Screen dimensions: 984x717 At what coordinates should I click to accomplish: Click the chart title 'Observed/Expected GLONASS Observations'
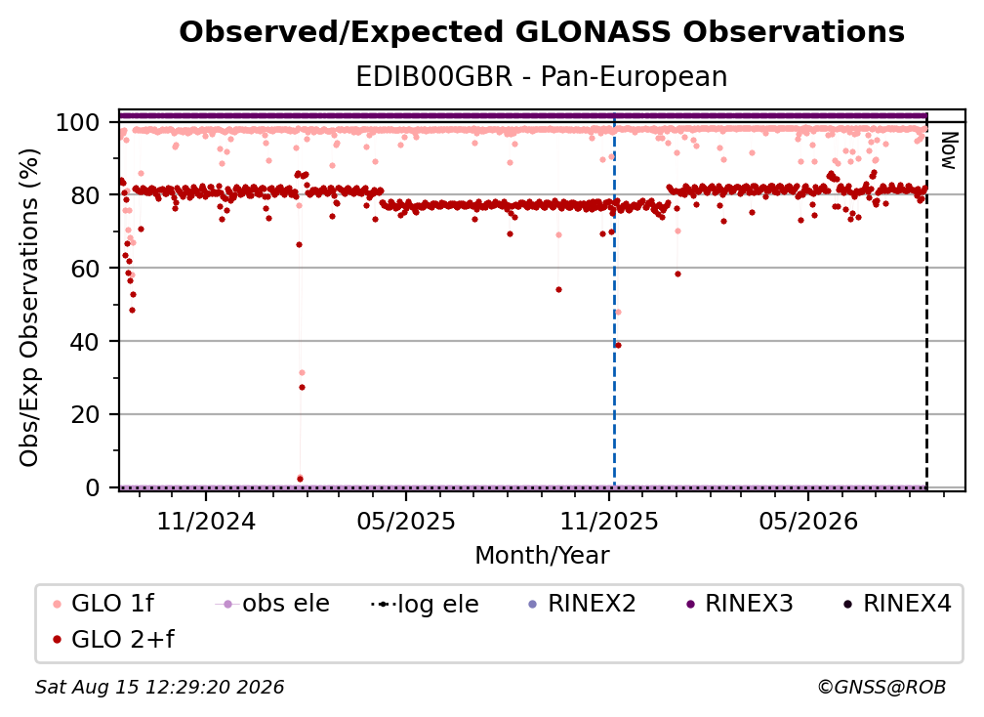542,32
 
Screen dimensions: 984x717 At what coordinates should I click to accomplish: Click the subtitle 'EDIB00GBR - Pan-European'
542,77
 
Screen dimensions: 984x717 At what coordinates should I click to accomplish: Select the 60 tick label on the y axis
85,269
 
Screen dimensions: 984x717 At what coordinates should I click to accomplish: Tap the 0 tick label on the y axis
92,487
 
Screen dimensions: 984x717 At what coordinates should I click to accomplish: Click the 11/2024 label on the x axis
206,521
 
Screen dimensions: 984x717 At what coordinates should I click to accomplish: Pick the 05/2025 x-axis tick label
406,521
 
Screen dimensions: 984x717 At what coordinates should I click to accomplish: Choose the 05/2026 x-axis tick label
808,521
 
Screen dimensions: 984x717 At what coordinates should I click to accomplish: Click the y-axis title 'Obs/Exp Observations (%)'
29,307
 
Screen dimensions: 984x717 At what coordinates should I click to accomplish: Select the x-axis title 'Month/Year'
542,556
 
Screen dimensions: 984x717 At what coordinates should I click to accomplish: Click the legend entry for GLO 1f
103,604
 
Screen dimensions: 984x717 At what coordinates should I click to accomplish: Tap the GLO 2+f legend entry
113,640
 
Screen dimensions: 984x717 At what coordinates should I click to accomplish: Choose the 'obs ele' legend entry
272,604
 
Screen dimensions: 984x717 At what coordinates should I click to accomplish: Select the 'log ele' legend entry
425,605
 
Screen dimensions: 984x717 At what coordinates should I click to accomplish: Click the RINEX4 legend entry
897,604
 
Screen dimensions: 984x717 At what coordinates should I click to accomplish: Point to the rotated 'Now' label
948,150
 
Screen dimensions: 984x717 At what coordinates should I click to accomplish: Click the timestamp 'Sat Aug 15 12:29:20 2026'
159,687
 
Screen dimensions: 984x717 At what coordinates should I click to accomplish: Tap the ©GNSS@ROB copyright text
881,687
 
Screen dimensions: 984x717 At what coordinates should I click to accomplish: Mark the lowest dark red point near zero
300,479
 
